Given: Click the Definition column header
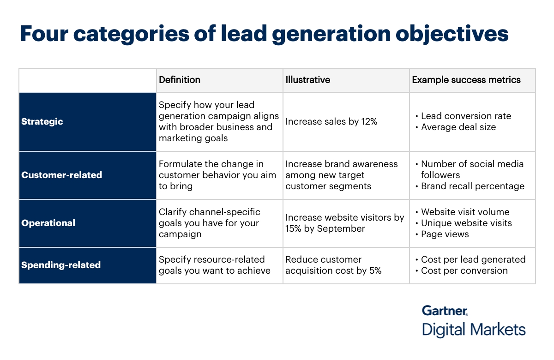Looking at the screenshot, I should pos(180,80).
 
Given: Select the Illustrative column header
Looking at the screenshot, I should pos(307,80).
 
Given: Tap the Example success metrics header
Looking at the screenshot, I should pos(466,80).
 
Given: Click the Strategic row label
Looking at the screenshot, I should pos(42,122).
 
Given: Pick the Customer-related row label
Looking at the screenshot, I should pos(61,175).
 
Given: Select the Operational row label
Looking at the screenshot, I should pos(48,223).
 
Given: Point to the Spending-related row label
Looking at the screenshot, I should pos(60,265).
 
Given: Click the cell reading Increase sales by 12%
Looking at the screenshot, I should pos(331,122).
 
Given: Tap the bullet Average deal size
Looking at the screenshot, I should pos(458,127).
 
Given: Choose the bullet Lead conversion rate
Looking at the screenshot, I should pos(466,116).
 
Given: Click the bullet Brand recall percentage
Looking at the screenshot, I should pos(473,186).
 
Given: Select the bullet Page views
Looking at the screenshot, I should pos(445,234).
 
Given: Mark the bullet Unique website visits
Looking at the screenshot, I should pos(466,223).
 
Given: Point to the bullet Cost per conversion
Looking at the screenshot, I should pos(464,271).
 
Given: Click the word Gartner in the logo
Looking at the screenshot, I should pos(445,310).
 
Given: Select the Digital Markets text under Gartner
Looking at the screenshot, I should pos(474,330).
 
